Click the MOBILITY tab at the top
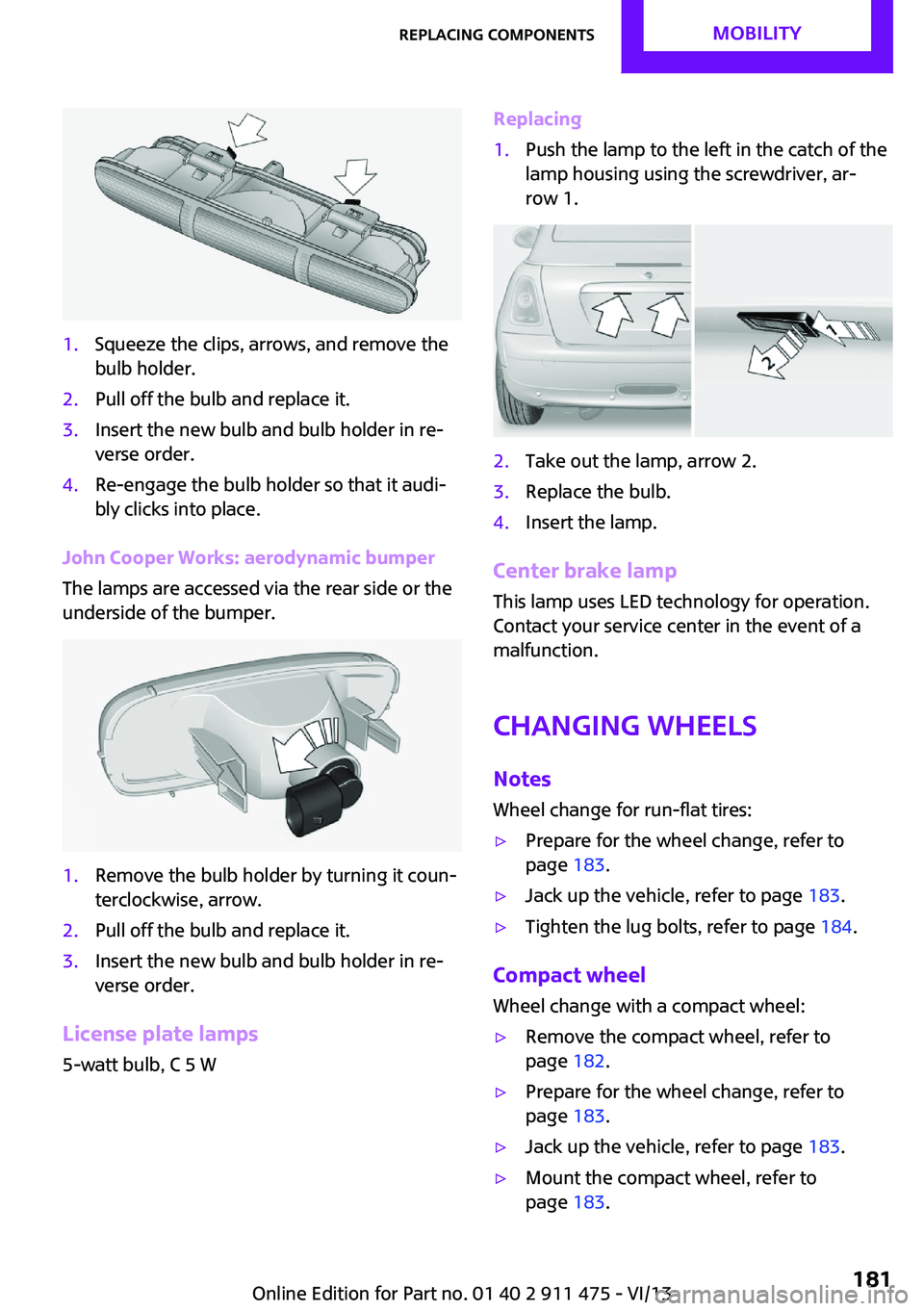coord(757,33)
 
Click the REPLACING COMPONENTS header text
coord(497,35)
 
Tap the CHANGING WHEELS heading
coord(625,726)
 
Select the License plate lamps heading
coord(160,1034)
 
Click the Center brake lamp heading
coord(584,571)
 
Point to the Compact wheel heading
coord(569,975)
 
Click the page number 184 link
coord(835,926)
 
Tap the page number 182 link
coord(588,1061)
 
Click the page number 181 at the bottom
coord(871,1278)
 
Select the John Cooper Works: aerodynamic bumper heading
coord(248,557)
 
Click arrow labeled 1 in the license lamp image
coord(842,329)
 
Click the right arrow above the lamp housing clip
coord(355,176)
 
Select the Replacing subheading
coord(537,118)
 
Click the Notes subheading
coord(522,779)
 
